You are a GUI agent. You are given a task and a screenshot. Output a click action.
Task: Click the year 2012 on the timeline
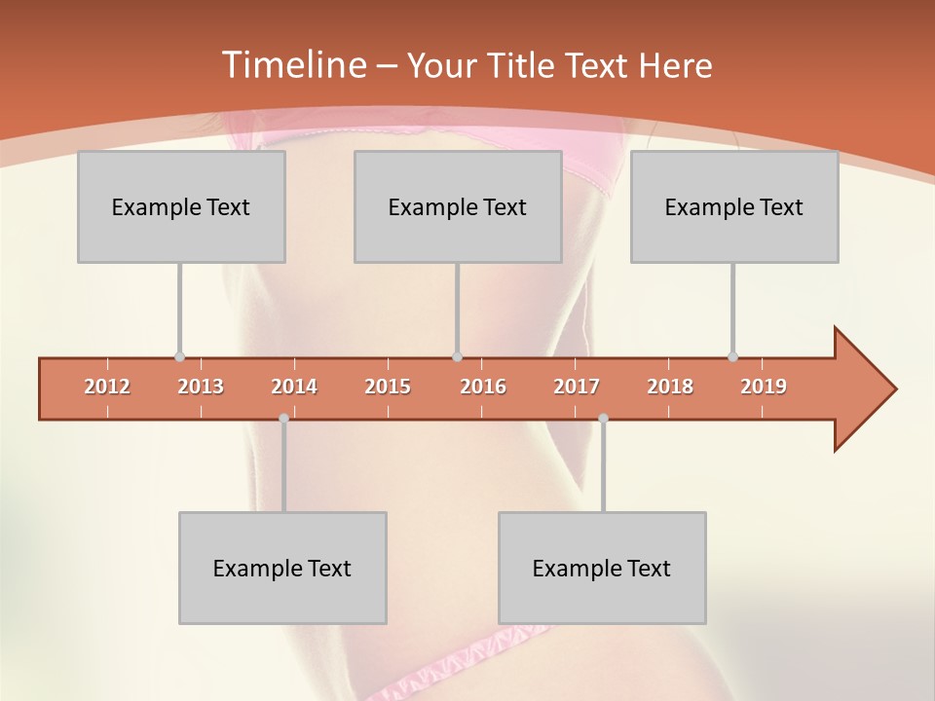point(107,387)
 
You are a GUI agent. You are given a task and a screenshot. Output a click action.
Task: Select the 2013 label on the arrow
point(201,387)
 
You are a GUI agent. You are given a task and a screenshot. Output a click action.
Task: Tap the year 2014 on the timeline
point(294,387)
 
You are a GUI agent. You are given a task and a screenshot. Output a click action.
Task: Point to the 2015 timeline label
point(388,387)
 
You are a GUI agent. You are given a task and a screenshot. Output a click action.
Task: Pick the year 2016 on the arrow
point(483,387)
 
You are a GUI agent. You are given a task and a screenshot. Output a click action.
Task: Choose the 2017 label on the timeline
point(577,387)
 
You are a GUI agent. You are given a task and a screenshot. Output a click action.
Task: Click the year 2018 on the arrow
point(670,387)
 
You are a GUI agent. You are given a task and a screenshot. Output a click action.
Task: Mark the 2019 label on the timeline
point(764,387)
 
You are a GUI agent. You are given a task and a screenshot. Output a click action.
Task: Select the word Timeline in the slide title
point(292,65)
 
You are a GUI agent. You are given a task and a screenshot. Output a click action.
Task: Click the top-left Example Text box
point(181,206)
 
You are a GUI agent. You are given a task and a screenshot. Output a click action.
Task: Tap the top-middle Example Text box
point(458,206)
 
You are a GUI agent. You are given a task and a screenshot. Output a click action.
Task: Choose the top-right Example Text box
point(734,206)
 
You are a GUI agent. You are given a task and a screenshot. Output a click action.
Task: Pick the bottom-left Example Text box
point(282,568)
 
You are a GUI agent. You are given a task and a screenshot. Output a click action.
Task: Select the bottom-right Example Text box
point(602,568)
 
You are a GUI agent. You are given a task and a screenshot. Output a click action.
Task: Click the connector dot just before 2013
point(179,356)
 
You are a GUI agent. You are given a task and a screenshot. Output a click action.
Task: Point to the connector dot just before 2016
point(457,356)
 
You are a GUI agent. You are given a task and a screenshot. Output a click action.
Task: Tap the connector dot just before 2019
point(732,356)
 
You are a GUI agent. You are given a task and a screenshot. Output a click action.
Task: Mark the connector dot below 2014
point(283,418)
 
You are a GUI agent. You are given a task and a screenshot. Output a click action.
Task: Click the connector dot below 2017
point(603,418)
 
